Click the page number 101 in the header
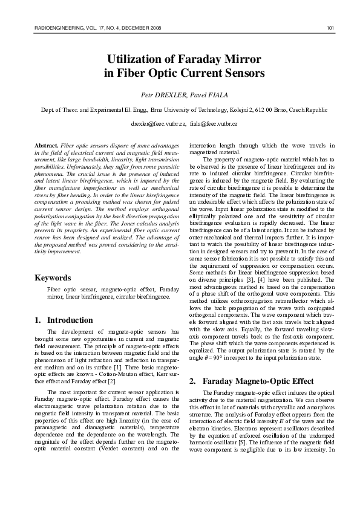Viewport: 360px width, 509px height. (330, 28)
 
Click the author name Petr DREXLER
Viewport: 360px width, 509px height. (159, 95)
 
